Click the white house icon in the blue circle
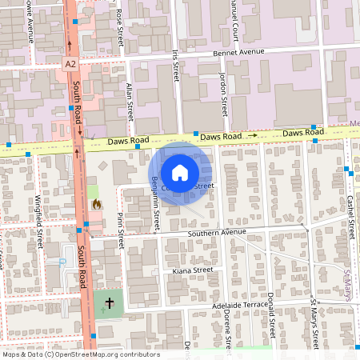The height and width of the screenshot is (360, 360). pyautogui.click(x=180, y=173)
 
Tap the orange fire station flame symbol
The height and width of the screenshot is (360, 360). pyautogui.click(x=97, y=204)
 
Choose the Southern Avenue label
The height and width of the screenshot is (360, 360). pyautogui.click(x=216, y=234)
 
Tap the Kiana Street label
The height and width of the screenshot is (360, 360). pyautogui.click(x=192, y=270)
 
